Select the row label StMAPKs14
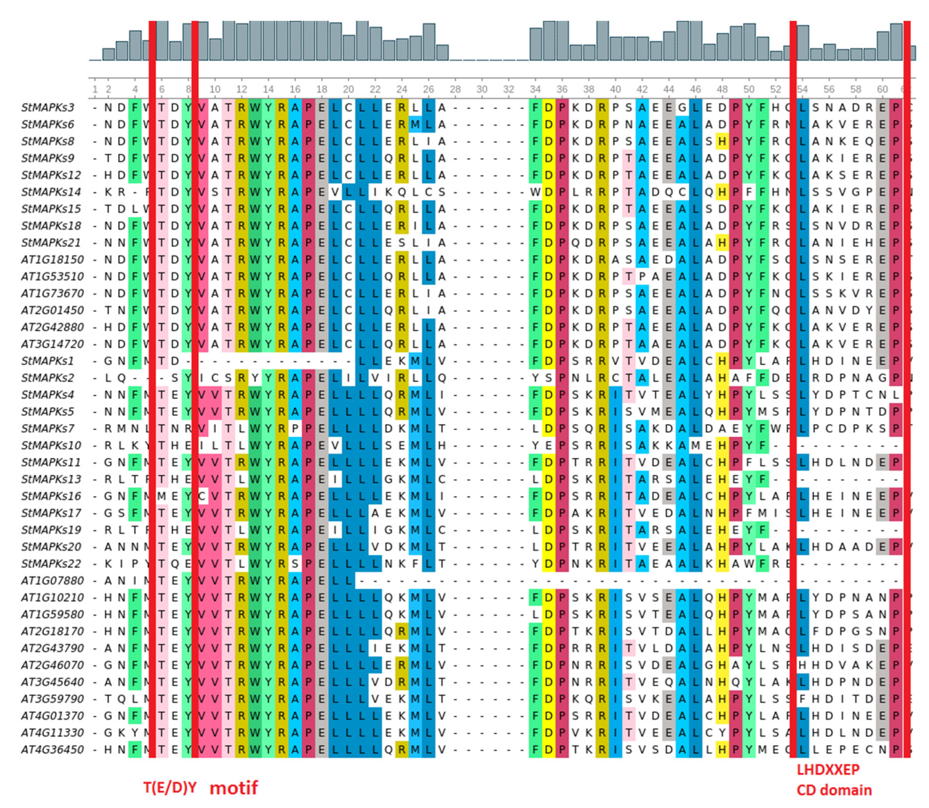(x=51, y=192)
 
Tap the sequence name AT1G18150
(x=52, y=260)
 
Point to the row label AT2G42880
(x=52, y=327)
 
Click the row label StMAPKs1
(x=48, y=361)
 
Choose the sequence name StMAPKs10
(x=51, y=445)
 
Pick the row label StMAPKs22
(x=51, y=564)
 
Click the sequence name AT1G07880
(x=52, y=581)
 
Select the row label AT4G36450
(x=52, y=750)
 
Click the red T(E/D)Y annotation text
(x=170, y=787)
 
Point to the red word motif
(x=234, y=787)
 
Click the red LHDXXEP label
(x=828, y=769)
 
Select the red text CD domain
(x=834, y=790)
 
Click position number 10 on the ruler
(x=215, y=89)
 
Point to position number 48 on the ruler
(x=722, y=89)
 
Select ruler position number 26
(x=428, y=89)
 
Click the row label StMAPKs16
(x=51, y=496)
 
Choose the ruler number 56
(x=829, y=89)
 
